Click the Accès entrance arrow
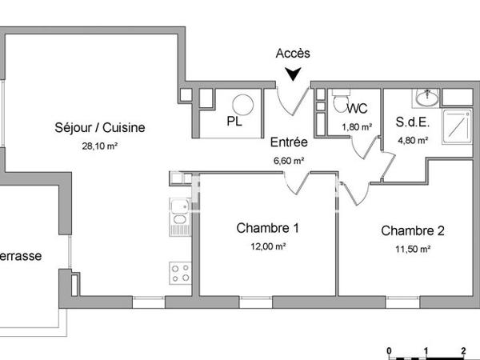tap(294, 74)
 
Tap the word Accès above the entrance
tap(293, 54)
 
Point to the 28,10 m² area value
tap(100, 146)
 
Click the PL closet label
tap(234, 122)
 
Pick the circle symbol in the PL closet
tap(242, 104)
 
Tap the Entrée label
tap(289, 142)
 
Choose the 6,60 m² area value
tap(289, 160)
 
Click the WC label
tap(358, 109)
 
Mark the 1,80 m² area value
tap(357, 126)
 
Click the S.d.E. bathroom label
tap(413, 123)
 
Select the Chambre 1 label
tap(268, 228)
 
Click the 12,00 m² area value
tap(268, 246)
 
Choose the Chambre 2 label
tap(412, 231)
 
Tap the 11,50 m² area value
tap(412, 250)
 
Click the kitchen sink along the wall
tap(179, 218)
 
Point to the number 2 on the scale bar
tap(464, 350)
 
